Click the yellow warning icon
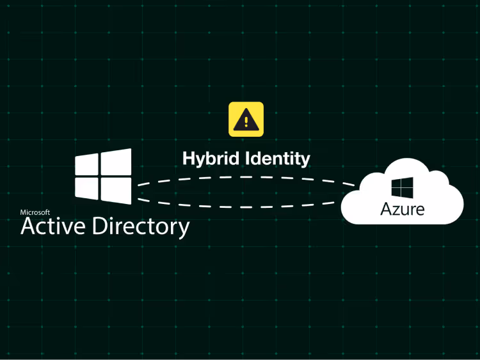[x=246, y=120]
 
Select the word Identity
[x=276, y=158]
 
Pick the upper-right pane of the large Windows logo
[x=116, y=162]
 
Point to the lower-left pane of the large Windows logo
[x=86, y=187]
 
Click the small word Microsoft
[x=35, y=212]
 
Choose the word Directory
[x=141, y=226]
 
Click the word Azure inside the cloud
[x=402, y=208]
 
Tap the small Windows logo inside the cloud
[x=402, y=188]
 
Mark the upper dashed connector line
[x=243, y=177]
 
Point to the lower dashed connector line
[x=243, y=206]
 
